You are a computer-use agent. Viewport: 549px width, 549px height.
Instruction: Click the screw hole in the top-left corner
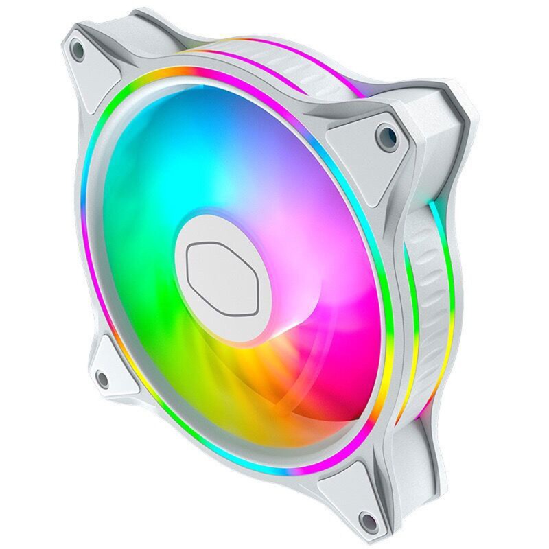pyautogui.click(x=78, y=50)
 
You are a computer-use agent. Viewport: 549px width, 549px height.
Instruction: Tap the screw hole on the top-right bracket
pyautogui.click(x=386, y=136)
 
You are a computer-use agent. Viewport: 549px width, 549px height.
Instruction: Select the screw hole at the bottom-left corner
pyautogui.click(x=102, y=377)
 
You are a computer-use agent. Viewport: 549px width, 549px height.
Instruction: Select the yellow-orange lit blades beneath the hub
pyautogui.click(x=233, y=384)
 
